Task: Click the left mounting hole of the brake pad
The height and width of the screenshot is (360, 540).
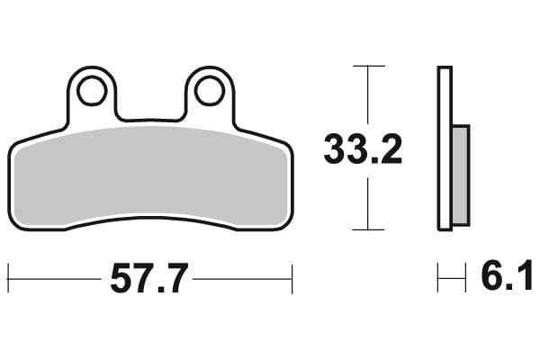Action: click(92, 91)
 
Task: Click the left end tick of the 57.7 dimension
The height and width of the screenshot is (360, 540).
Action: click(8, 279)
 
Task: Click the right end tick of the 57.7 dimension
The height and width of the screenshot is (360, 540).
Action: click(292, 279)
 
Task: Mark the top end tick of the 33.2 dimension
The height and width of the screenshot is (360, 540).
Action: click(367, 67)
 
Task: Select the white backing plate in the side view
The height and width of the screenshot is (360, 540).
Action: click(444, 148)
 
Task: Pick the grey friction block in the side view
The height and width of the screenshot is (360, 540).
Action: click(459, 175)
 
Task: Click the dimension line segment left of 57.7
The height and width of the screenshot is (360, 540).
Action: click(54, 279)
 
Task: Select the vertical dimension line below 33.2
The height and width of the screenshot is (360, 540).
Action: click(367, 202)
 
